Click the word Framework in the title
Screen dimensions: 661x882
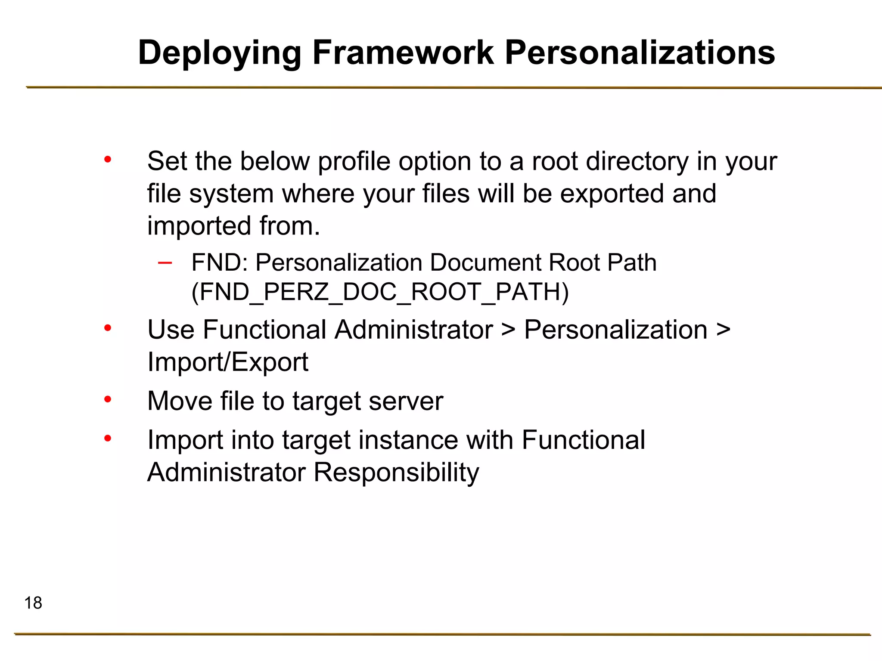403,53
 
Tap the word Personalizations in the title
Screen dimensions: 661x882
640,53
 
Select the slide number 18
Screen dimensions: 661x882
33,603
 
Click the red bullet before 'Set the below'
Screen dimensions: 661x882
108,160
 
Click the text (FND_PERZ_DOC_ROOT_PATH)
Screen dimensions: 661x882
380,292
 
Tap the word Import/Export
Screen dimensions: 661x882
228,362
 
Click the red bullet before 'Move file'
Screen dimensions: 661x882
108,400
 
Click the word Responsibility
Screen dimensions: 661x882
396,473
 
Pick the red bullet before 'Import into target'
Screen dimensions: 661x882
108,439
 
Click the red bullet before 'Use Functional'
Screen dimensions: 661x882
108,329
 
